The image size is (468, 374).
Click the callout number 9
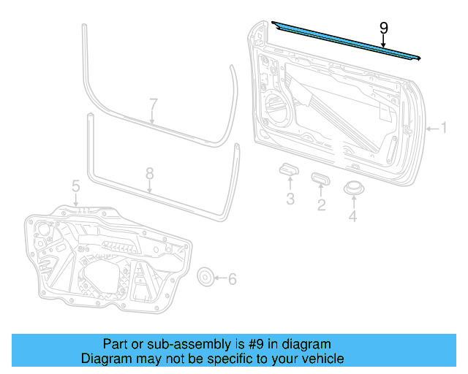(x=384, y=28)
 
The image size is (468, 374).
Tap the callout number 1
(x=443, y=129)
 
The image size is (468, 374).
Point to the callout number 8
(x=149, y=174)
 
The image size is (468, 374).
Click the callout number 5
(x=75, y=188)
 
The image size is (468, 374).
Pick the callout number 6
(x=233, y=278)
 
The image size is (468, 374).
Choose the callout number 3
(x=290, y=199)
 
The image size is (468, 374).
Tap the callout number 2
(x=320, y=205)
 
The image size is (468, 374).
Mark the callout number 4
(x=353, y=216)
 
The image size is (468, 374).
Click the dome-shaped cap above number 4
(x=355, y=188)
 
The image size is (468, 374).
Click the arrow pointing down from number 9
(x=384, y=43)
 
